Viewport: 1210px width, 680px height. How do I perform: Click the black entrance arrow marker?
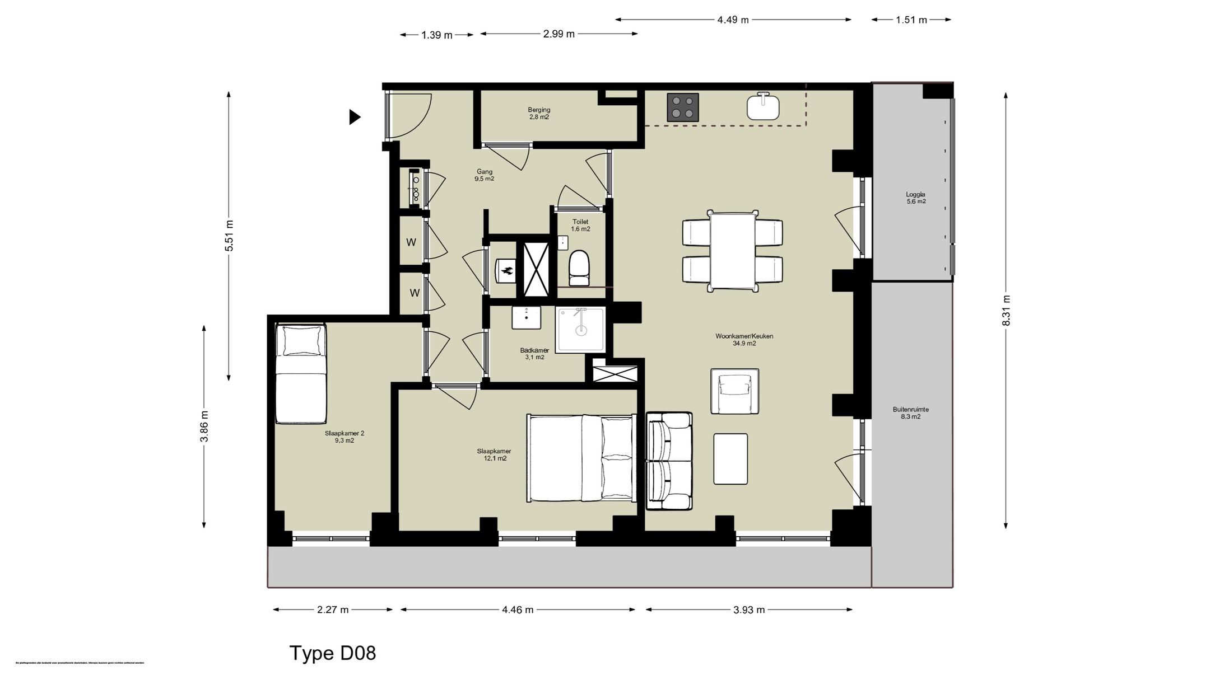(x=355, y=117)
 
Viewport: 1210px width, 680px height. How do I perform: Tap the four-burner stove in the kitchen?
(x=683, y=107)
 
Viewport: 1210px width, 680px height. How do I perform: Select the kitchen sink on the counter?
(x=762, y=107)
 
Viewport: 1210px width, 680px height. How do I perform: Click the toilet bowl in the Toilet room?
(x=579, y=268)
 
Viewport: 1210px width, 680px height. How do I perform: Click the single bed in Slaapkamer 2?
(x=301, y=374)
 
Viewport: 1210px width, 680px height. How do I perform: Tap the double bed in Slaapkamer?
(x=581, y=458)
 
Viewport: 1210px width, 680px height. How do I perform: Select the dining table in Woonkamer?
(x=732, y=250)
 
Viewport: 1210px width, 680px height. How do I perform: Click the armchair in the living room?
(x=734, y=391)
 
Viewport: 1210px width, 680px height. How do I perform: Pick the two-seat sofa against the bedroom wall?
(x=669, y=461)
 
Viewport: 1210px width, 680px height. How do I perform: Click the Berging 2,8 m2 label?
(x=539, y=114)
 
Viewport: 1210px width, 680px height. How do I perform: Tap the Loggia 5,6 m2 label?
(x=915, y=198)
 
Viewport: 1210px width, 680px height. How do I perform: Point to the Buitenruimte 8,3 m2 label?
(x=910, y=413)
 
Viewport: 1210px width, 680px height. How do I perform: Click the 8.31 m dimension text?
(x=1006, y=311)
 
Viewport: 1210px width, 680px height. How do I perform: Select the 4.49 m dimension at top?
(x=733, y=20)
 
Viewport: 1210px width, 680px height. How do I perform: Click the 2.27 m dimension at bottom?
(x=333, y=609)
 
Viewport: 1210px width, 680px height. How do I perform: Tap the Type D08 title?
(x=333, y=653)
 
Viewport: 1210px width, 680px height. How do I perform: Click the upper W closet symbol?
(x=411, y=242)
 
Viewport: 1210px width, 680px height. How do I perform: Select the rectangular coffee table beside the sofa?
(x=730, y=459)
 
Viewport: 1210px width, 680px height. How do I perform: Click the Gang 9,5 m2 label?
(x=485, y=175)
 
